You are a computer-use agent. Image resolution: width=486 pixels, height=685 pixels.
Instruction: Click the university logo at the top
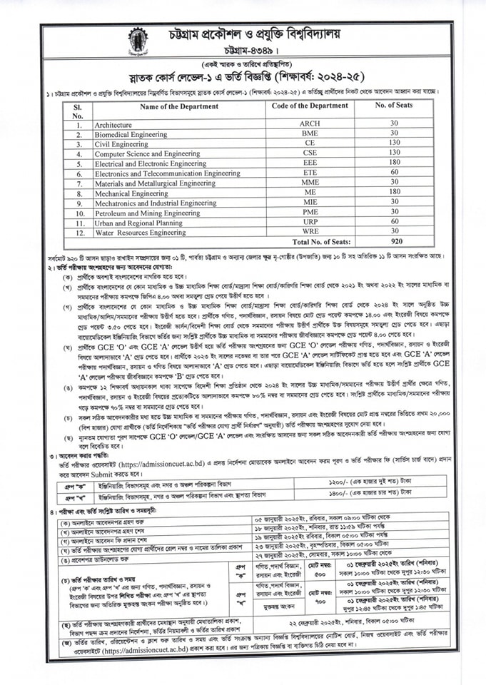click(137, 40)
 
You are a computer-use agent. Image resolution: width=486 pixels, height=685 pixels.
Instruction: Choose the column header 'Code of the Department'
click(309, 106)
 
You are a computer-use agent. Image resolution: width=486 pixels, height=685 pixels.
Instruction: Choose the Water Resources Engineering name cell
click(140, 232)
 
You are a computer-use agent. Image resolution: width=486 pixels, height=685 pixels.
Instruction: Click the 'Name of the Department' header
click(179, 106)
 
